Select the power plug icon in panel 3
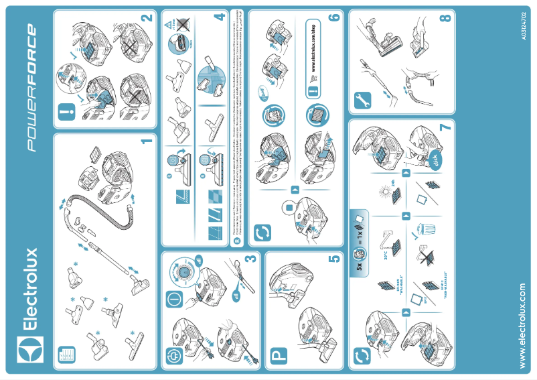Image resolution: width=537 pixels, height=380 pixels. tap(171, 355)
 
